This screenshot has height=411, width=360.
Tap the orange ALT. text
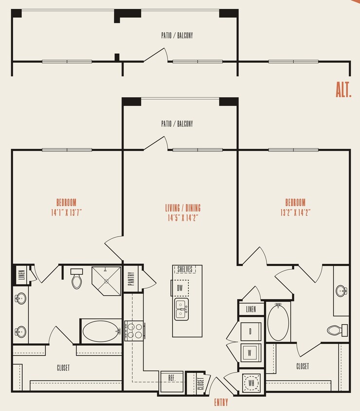tap(343, 90)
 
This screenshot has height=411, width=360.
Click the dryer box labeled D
tap(251, 331)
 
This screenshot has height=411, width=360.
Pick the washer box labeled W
tap(251, 351)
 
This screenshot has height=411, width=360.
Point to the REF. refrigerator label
tap(172, 377)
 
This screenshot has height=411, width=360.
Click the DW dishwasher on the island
tap(180, 288)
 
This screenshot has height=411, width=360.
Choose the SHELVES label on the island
tap(185, 269)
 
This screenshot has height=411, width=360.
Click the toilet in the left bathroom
tap(77, 279)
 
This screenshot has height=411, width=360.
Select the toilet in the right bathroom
tap(336, 330)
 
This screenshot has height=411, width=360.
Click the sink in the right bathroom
tap(342, 291)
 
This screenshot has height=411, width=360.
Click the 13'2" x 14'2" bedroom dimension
tap(295, 212)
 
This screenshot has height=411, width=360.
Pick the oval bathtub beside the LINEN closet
tap(278, 322)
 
